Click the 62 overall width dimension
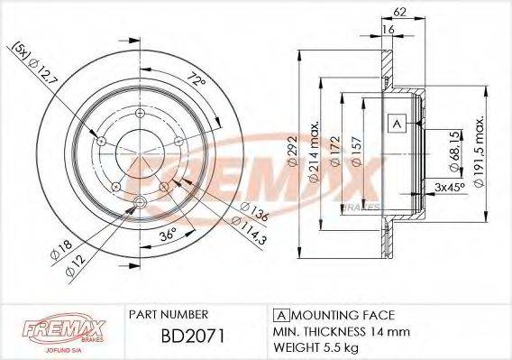(x=399, y=13)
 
